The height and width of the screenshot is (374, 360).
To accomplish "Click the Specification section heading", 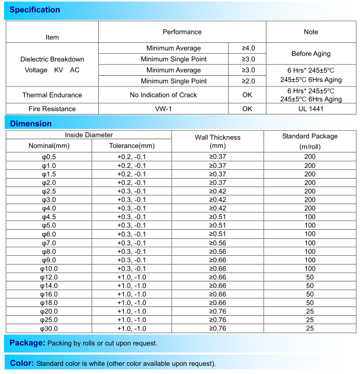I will click(x=35, y=10).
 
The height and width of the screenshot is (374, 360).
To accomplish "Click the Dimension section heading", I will click(x=31, y=123).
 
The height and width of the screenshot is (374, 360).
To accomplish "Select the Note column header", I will click(x=311, y=32).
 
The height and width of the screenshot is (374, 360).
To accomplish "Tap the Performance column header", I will click(x=182, y=32).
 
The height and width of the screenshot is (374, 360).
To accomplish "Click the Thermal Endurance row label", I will click(x=52, y=95).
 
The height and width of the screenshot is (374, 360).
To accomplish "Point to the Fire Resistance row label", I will click(x=52, y=108).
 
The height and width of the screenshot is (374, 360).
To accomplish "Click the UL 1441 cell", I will click(x=311, y=108).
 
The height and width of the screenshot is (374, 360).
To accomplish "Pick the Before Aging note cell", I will click(x=311, y=54).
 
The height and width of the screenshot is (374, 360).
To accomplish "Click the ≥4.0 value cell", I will click(x=248, y=48).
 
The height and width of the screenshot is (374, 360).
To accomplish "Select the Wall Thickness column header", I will click(x=217, y=141).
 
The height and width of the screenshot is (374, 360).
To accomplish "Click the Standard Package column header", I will click(x=310, y=141).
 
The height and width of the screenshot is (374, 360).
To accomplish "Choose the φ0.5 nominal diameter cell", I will click(x=49, y=157).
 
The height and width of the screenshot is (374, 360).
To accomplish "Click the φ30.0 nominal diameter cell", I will click(x=49, y=328).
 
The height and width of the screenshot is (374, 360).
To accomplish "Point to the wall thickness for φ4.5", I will click(x=217, y=217).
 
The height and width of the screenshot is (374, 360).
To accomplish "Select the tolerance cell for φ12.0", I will click(x=131, y=277).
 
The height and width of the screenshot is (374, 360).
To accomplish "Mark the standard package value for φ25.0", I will click(x=310, y=320).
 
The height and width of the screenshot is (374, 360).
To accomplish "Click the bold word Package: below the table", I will click(x=28, y=343).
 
